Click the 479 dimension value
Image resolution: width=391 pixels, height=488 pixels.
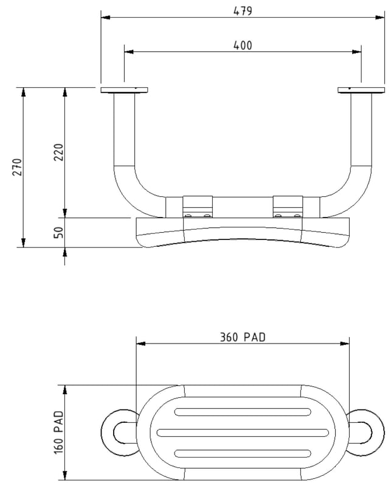point(243,11)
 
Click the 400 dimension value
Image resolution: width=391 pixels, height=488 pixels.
point(243,46)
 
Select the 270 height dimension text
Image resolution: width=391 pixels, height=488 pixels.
point(18,167)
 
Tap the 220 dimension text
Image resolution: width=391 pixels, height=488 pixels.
point(59,152)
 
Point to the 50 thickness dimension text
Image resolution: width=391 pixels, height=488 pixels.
point(59,233)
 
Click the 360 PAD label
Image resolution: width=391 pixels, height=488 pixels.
point(243,337)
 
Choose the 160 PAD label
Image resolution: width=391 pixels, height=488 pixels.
point(59,432)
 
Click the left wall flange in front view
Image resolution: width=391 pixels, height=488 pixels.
point(124,90)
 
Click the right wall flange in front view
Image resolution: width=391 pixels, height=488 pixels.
point(361,90)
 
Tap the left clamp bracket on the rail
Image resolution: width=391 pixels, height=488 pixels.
point(198,207)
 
